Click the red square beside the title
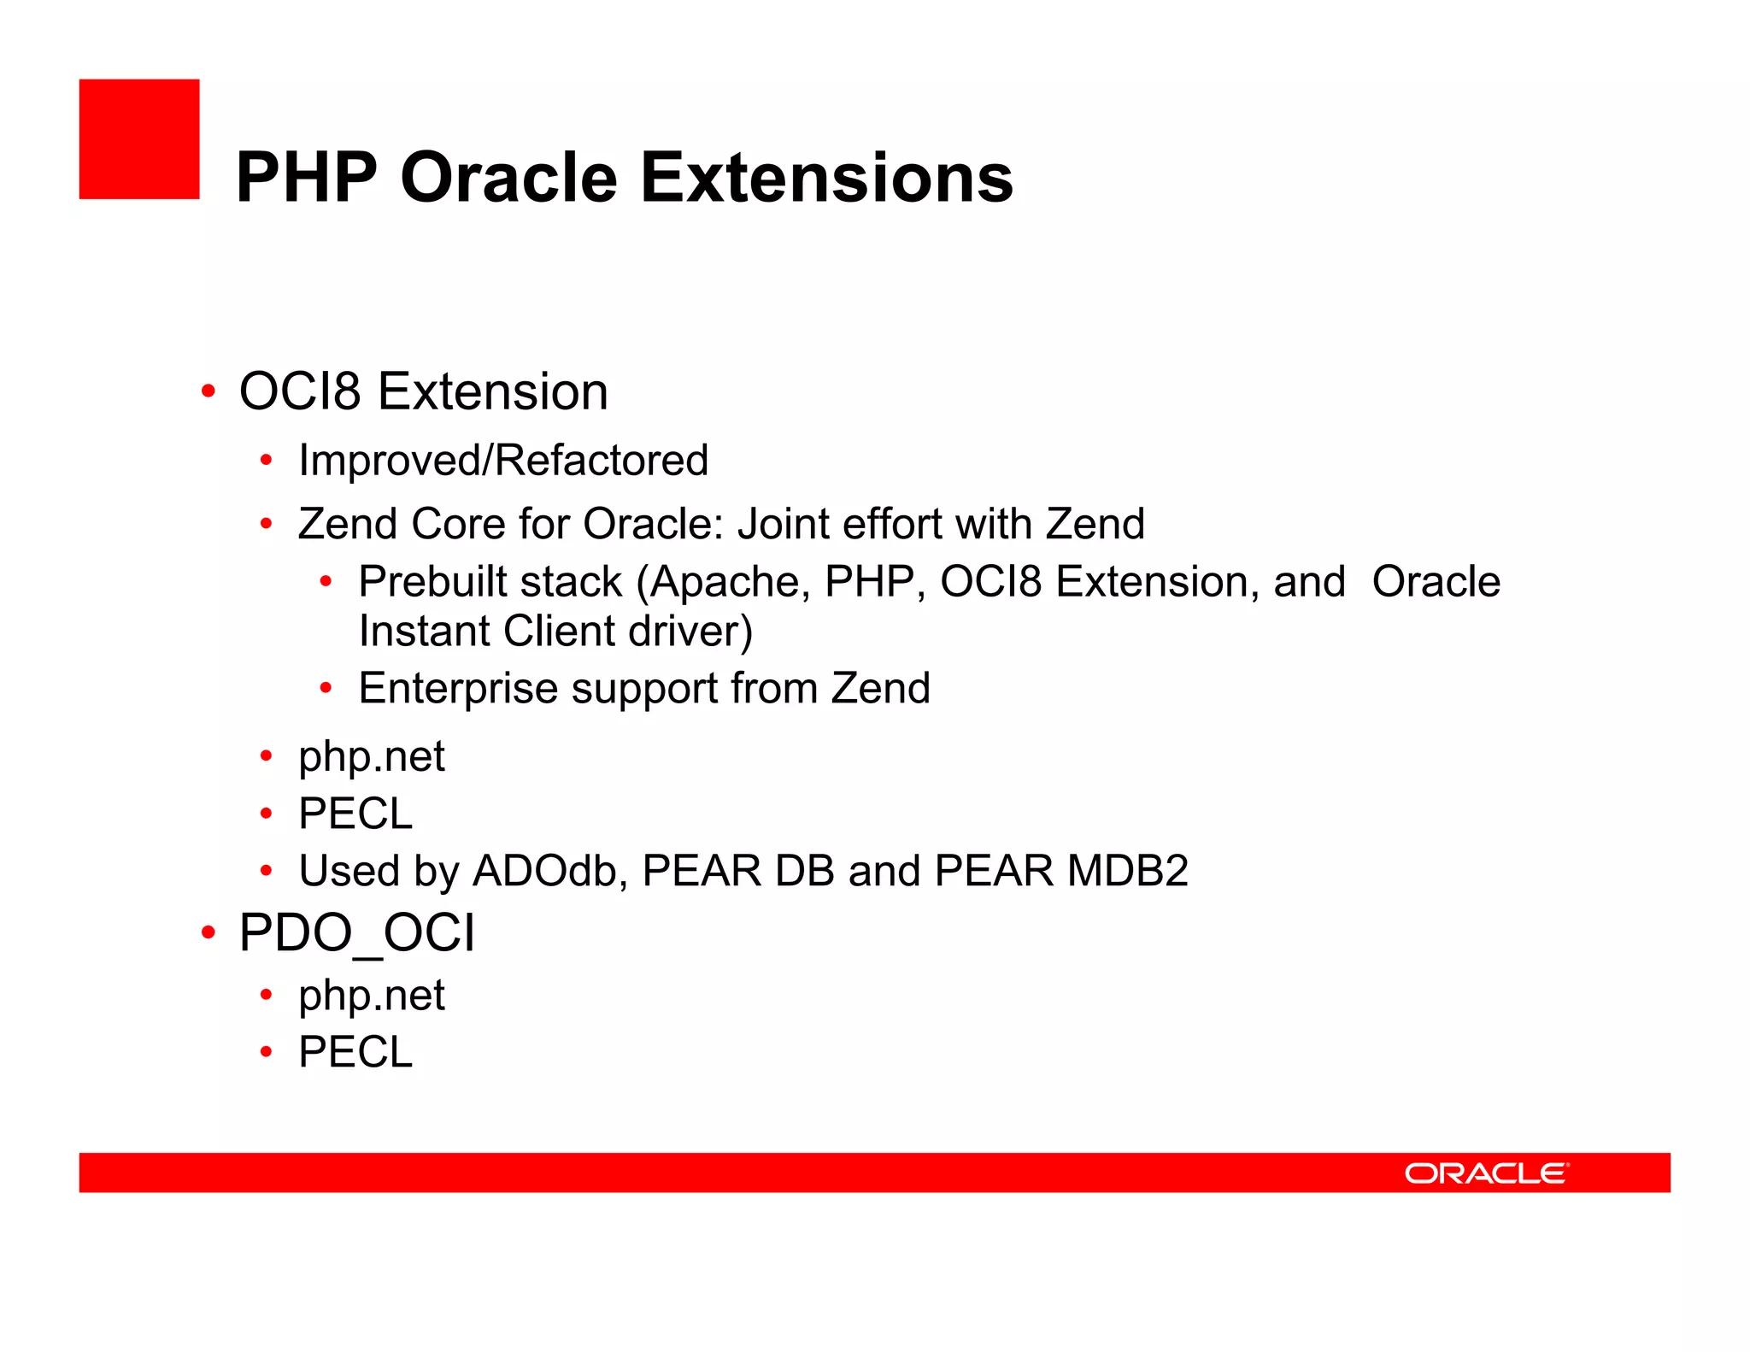[139, 139]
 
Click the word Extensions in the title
[826, 178]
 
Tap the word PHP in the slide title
[306, 178]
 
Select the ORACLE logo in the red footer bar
[1486, 1173]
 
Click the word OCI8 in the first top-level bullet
[299, 391]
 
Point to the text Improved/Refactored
[503, 461]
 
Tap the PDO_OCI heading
[356, 932]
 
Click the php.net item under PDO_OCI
[371, 996]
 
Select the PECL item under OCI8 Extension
[355, 814]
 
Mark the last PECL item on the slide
[355, 1052]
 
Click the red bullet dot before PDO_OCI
[208, 932]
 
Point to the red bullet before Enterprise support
[325, 688]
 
